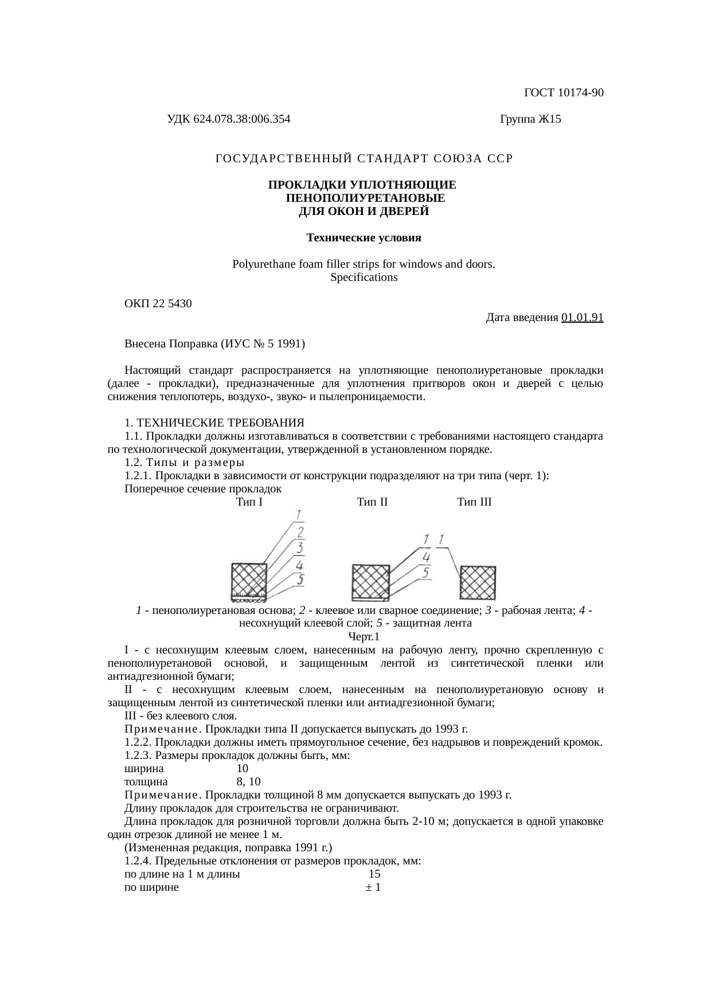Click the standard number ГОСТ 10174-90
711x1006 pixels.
coord(564,92)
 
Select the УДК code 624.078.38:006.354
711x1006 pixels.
coord(228,119)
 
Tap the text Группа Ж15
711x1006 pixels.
coord(530,119)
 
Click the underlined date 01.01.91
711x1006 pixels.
coord(582,317)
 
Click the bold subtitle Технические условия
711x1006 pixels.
coord(364,237)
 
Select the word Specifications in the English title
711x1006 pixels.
coord(364,277)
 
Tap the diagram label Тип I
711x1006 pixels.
coord(249,502)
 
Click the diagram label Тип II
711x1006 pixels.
coord(372,502)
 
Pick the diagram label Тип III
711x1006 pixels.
coord(474,502)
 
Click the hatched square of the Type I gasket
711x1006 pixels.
coord(249,580)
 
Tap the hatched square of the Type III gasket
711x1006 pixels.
coord(478,582)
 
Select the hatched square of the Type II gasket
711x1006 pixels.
coord(370,582)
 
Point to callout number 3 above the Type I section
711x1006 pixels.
coord(299,549)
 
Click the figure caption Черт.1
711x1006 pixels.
coord(364,636)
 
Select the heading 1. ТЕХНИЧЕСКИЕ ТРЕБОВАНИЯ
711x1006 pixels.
coord(214,423)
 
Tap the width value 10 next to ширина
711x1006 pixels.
coord(242,768)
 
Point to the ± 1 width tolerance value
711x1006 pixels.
coord(374,887)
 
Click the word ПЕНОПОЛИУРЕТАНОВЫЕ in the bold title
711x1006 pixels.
coord(364,198)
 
